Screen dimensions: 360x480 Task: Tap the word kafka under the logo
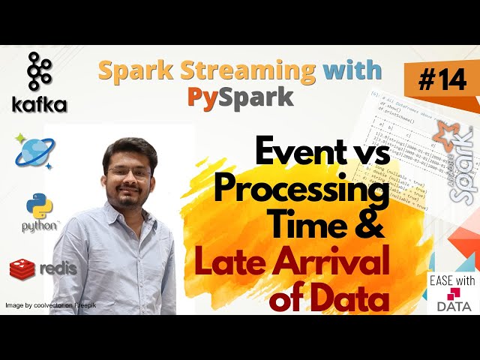(x=39, y=105)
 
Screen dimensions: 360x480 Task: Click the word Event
(x=299, y=154)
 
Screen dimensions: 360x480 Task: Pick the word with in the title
(x=349, y=72)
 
